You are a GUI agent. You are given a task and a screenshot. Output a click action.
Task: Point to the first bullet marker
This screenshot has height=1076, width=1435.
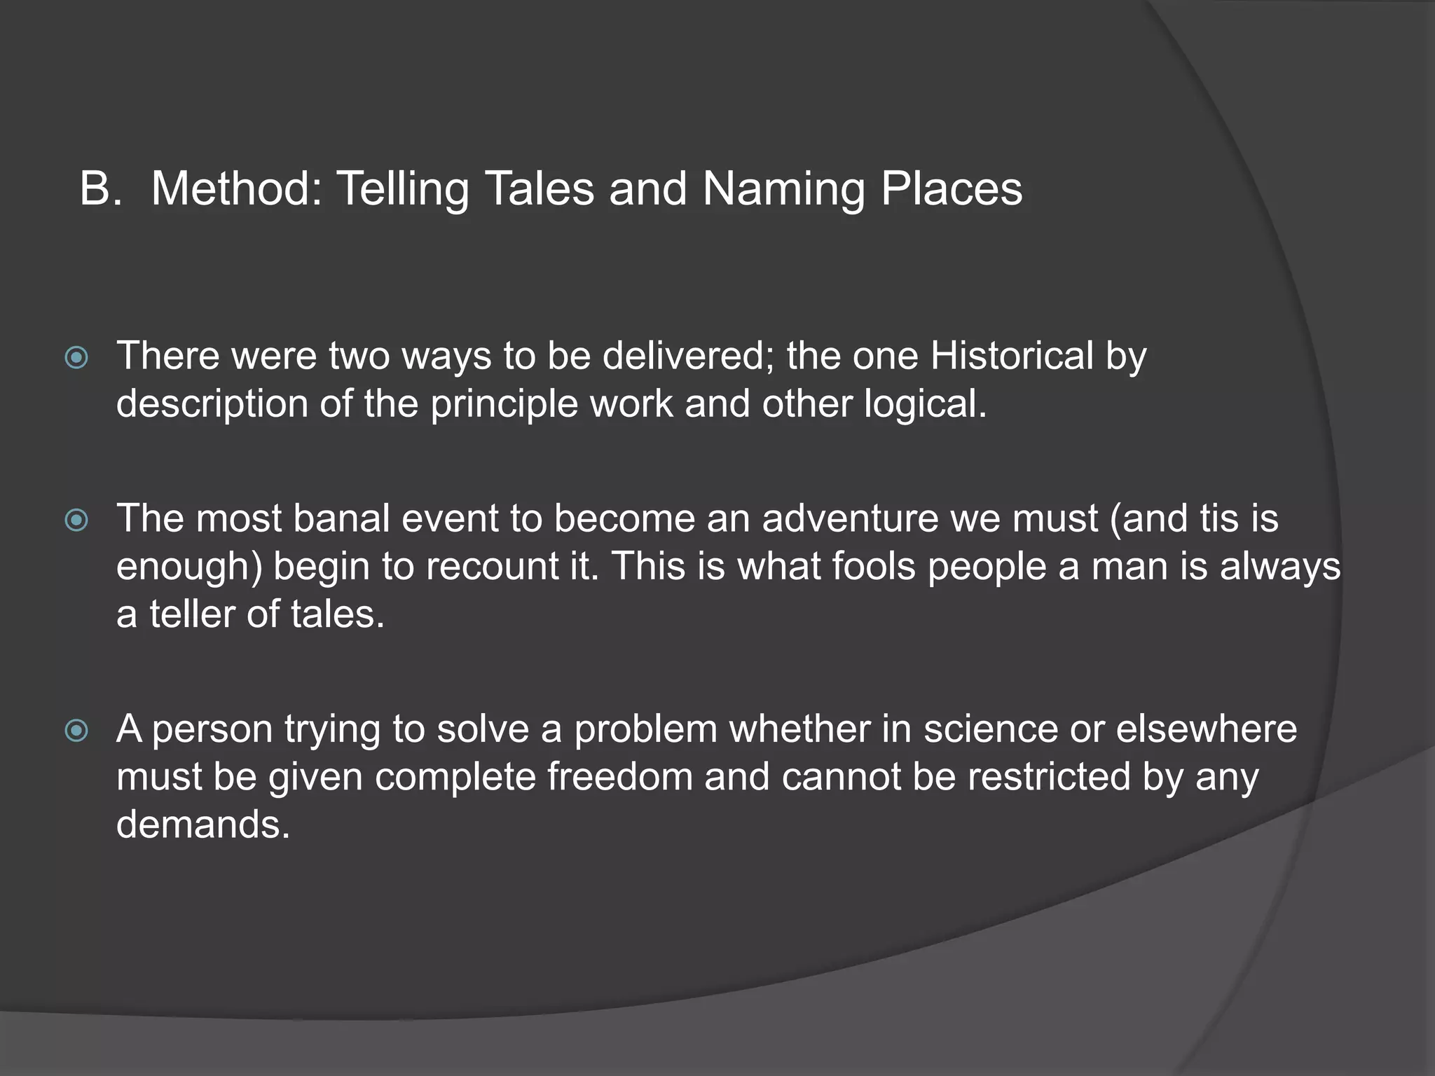[76, 358]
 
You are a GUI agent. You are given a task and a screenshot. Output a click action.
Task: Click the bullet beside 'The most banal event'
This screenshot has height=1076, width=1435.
[76, 520]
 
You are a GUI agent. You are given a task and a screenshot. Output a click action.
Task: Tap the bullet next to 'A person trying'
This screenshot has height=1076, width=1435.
[76, 731]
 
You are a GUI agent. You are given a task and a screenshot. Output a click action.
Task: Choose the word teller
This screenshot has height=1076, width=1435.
[191, 614]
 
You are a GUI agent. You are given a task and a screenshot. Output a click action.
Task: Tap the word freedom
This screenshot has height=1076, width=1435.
[619, 777]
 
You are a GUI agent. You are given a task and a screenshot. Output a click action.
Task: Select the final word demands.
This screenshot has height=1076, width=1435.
[202, 825]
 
